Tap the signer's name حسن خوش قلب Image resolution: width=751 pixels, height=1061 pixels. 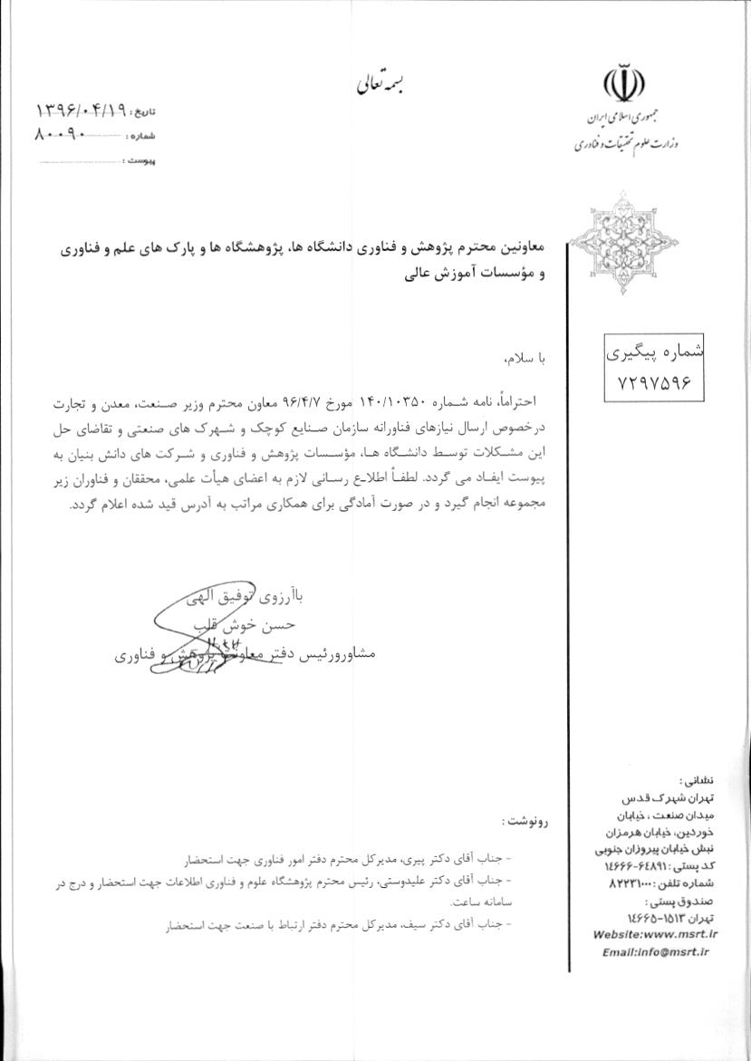coord(258,625)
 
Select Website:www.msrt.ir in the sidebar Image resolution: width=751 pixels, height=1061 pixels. coord(655,934)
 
